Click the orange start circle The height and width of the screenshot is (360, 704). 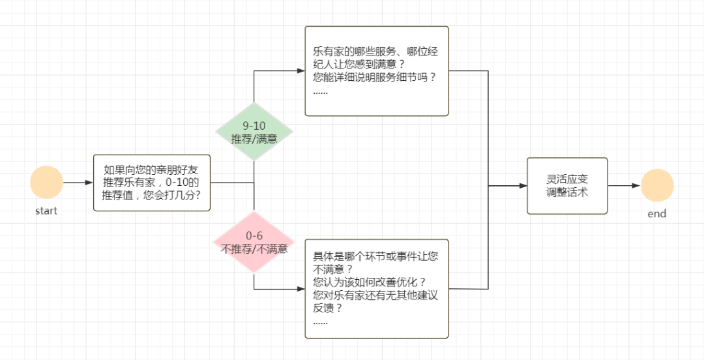tap(46, 183)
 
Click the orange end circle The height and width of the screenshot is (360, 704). tap(656, 185)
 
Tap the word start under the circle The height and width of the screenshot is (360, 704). tap(46, 211)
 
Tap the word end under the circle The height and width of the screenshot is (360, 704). tap(657, 213)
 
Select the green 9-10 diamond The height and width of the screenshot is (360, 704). tap(254, 132)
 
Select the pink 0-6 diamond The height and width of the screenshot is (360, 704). tap(254, 242)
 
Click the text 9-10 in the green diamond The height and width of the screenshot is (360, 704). tap(254, 126)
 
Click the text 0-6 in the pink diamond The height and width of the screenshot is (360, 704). tap(254, 235)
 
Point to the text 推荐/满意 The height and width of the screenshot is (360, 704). tap(254, 139)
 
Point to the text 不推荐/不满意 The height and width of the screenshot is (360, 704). tap(254, 248)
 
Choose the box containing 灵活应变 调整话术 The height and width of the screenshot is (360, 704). tap(567, 186)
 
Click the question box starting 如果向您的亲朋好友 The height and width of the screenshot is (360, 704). tap(152, 183)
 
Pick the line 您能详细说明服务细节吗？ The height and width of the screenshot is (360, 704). tap(374, 77)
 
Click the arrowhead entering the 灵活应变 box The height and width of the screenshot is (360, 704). tap(523, 186)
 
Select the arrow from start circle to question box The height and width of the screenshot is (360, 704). tap(78, 183)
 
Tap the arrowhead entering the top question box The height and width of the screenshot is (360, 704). tap(301, 70)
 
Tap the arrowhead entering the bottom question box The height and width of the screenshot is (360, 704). tap(301, 288)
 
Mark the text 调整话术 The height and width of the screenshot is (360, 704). tap(567, 192)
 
